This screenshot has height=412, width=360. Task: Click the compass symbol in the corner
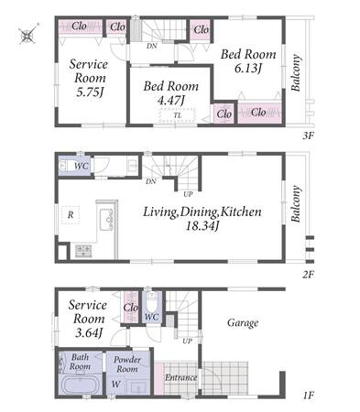tap(27, 35)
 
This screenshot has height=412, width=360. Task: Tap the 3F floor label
tap(308, 136)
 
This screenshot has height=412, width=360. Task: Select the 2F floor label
tap(308, 275)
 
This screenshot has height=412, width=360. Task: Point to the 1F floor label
tap(309, 396)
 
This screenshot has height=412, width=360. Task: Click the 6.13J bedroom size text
tap(248, 69)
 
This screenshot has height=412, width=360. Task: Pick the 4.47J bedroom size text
tap(170, 101)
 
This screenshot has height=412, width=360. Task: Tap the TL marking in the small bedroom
tap(178, 115)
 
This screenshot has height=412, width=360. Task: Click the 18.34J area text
tap(202, 226)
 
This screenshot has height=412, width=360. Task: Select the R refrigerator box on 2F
tap(71, 215)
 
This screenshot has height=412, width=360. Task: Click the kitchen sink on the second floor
tap(106, 219)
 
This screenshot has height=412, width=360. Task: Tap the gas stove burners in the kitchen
tap(83, 251)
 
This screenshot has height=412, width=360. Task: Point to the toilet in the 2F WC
tap(66, 166)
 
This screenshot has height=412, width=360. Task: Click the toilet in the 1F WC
tap(152, 301)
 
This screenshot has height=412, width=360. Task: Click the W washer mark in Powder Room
tap(115, 385)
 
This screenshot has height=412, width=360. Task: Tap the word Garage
tap(243, 323)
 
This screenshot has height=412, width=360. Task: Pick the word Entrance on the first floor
tap(180, 378)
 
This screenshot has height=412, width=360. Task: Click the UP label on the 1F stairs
tap(187, 341)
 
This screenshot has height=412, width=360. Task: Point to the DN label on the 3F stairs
tap(152, 47)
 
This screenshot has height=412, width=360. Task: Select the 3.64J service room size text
tap(89, 332)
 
